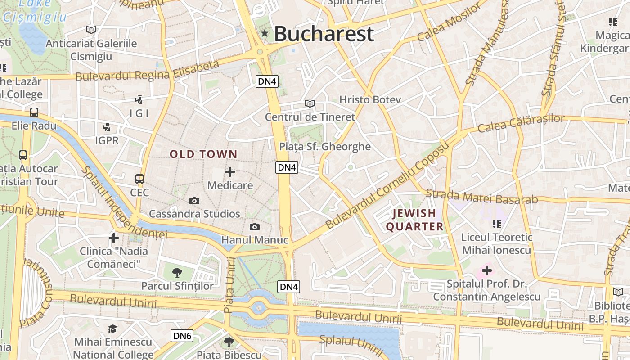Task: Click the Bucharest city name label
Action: click(324, 34)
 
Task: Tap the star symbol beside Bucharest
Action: click(265, 33)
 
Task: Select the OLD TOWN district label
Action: click(203, 154)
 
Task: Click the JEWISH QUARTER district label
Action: click(414, 220)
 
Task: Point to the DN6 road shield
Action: click(182, 336)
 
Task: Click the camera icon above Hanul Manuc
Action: click(255, 227)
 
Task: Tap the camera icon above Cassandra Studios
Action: click(194, 201)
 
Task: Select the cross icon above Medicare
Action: click(230, 171)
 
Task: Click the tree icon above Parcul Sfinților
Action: click(177, 272)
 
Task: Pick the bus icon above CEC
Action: click(139, 179)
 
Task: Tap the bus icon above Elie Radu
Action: click(34, 112)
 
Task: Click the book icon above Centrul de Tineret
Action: click(310, 103)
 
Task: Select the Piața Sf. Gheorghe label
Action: click(325, 147)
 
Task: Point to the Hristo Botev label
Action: click(370, 99)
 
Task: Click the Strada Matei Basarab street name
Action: click(481, 197)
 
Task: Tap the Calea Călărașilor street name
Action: click(521, 123)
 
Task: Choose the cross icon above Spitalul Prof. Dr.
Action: click(486, 270)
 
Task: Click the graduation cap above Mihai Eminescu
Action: click(112, 329)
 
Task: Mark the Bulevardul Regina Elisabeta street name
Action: click(147, 72)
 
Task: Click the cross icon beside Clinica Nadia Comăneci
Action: click(114, 238)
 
